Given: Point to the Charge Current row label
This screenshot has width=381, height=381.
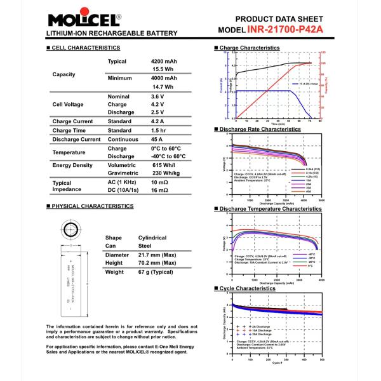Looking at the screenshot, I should (73, 121).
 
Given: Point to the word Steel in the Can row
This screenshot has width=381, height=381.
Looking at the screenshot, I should (145, 245).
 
